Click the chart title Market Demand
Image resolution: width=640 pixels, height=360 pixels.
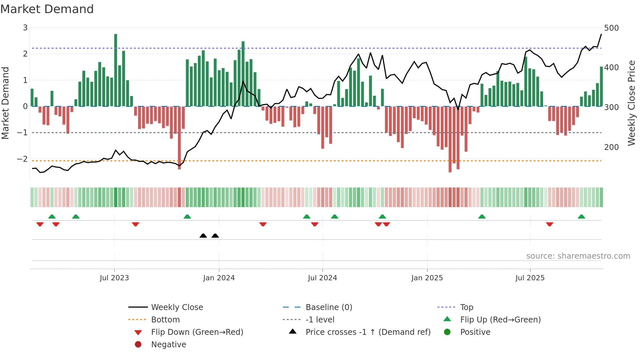pyautogui.click(x=47, y=9)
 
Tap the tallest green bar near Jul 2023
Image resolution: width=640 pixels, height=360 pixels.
pyautogui.click(x=116, y=70)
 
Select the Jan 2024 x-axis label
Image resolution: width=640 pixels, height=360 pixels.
pyautogui.click(x=219, y=278)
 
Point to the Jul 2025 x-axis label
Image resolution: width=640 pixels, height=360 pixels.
pyautogui.click(x=530, y=278)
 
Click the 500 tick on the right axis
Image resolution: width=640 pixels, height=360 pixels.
pyautogui.click(x=611, y=28)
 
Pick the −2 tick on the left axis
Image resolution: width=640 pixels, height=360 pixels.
pyautogui.click(x=22, y=159)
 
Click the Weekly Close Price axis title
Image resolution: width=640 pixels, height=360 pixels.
pyautogui.click(x=632, y=103)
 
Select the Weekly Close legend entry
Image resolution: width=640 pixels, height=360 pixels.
pyautogui.click(x=177, y=307)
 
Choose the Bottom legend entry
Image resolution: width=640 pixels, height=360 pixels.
pyautogui.click(x=165, y=320)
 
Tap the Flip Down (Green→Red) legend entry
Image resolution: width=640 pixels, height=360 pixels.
pyautogui.click(x=197, y=332)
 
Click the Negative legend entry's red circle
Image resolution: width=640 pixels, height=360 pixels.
pyautogui.click(x=138, y=345)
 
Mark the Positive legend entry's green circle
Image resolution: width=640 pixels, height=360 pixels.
pyautogui.click(x=447, y=332)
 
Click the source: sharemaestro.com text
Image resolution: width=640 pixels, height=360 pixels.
pyautogui.click(x=578, y=256)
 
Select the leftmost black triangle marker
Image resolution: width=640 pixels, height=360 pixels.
pyautogui.click(x=203, y=236)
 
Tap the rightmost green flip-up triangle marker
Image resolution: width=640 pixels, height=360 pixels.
pyautogui.click(x=581, y=217)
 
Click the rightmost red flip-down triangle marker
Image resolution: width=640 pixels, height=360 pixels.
pyautogui.click(x=550, y=224)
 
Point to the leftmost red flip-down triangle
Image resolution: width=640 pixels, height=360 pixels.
pyautogui.click(x=40, y=224)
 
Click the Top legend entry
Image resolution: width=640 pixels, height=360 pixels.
pyautogui.click(x=467, y=307)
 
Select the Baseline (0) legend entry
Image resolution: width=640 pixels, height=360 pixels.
pyautogui.click(x=329, y=307)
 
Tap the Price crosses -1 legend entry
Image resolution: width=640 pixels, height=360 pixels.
pyautogui.click(x=368, y=332)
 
